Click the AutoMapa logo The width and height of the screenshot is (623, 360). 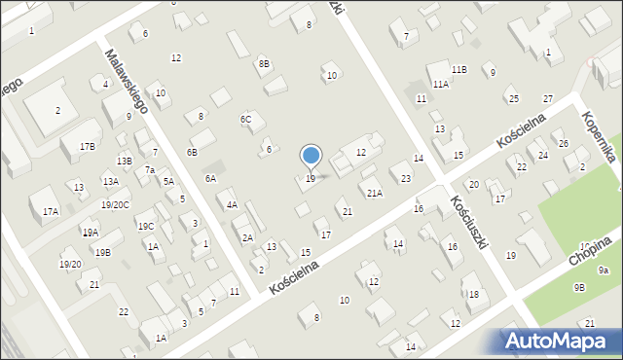pos(560,341)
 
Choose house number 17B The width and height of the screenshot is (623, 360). pos(88,146)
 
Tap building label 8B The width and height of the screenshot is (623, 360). pos(264,64)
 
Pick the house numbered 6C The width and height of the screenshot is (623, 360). pos(246,120)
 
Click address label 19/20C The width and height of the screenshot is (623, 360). pos(115,204)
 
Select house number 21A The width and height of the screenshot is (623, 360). pos(375,194)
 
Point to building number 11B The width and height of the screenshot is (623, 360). pos(458,70)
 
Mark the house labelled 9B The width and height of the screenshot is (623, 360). pos(579,287)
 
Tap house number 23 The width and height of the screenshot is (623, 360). pos(405,178)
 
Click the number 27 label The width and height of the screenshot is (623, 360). pos(548,99)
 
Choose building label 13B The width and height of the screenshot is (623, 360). pos(124,162)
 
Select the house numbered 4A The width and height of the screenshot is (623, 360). pos(232,205)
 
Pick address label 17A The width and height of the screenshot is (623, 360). pos(51,211)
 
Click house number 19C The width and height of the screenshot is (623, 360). pos(146,227)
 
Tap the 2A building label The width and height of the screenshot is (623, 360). pos(247,238)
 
